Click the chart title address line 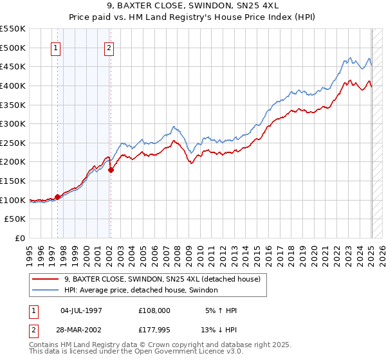point(193,7)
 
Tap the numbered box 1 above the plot point(56,48)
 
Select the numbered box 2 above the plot point(109,48)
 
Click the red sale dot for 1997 point(57,197)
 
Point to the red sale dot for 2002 point(111,170)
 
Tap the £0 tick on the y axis point(19,238)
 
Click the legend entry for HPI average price point(141,291)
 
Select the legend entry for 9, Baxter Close point(161,279)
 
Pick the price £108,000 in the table point(154,310)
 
